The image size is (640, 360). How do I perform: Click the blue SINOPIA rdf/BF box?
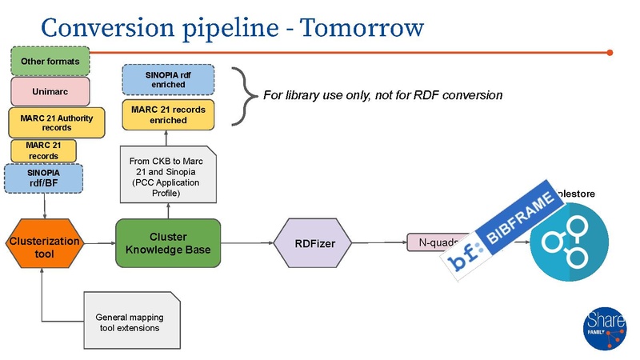(x=43, y=178)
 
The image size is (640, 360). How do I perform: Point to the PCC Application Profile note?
(x=166, y=177)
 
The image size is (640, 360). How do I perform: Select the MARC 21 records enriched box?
(x=166, y=114)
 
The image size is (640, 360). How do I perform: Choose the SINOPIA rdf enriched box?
(x=166, y=78)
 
